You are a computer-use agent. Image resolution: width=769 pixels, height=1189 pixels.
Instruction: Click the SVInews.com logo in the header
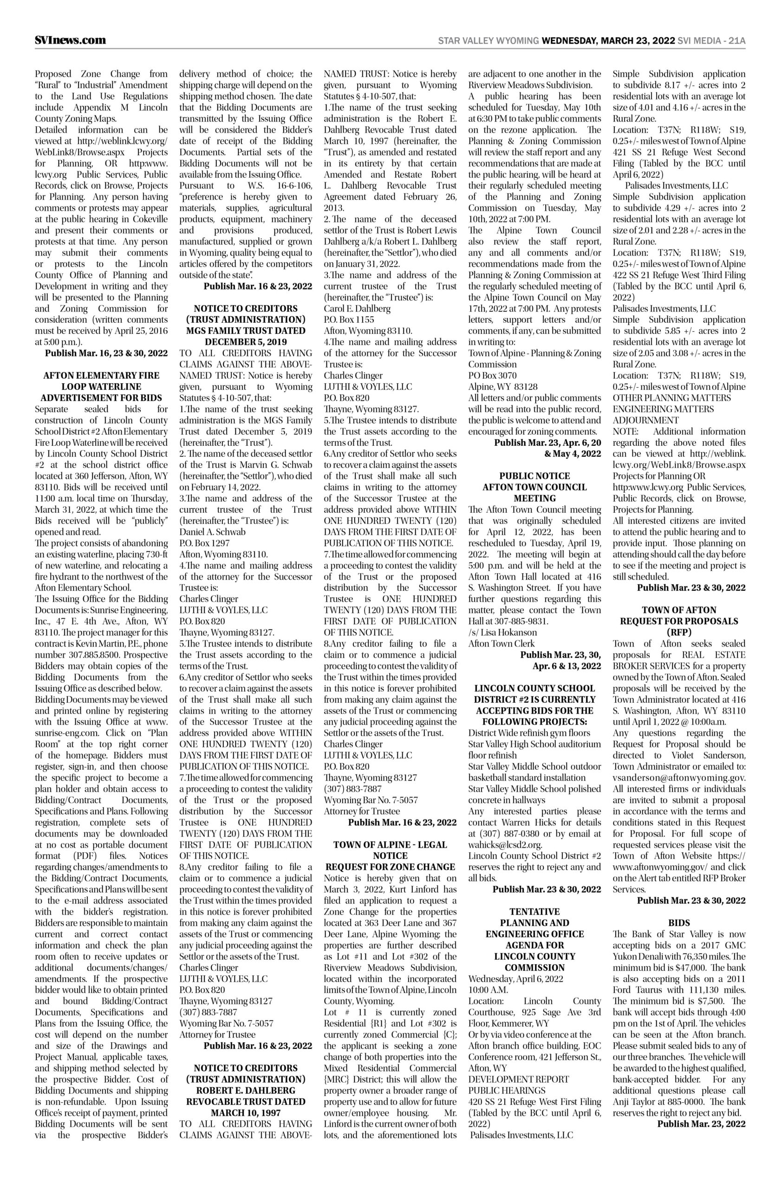pyautogui.click(x=70, y=40)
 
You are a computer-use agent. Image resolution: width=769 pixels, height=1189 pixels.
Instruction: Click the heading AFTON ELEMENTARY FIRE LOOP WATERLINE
pyautogui.click(x=101, y=380)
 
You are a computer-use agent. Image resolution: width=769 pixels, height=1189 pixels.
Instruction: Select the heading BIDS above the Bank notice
pyautogui.click(x=678, y=922)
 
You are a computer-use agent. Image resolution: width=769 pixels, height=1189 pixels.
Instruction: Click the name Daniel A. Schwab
pyautogui.click(x=212, y=532)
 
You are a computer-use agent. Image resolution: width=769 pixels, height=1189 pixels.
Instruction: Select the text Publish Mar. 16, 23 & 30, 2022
pyautogui.click(x=106, y=353)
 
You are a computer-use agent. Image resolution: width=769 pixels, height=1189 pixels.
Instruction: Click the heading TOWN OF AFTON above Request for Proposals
pyautogui.click(x=678, y=610)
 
